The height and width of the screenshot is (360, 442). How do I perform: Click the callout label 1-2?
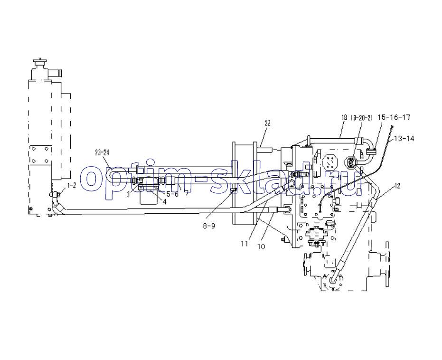coord(71,186)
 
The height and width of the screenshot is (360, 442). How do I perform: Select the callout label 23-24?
coord(102,152)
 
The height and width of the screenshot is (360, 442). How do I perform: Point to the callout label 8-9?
coord(208,226)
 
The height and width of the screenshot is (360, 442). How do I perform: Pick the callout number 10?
coord(260,246)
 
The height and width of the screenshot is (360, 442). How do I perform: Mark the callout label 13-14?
coord(404,138)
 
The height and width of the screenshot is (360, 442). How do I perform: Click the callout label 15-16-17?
coord(394,117)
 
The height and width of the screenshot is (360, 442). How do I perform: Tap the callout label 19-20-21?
coord(362,117)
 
